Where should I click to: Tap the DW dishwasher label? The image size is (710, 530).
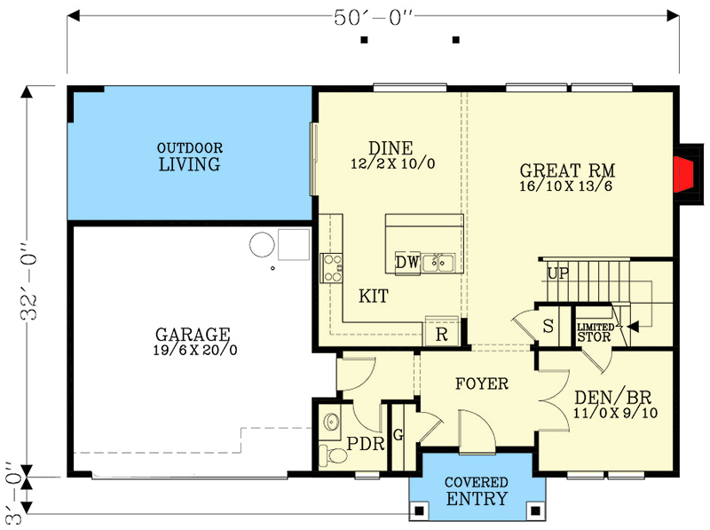pos(406,262)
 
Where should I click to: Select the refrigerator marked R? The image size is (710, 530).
pos(440,334)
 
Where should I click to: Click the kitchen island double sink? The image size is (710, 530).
pos(438,262)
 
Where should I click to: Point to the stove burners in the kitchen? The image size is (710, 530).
pos(331,267)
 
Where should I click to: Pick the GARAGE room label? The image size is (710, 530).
pos(193,335)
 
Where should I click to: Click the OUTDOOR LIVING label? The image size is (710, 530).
pos(189,157)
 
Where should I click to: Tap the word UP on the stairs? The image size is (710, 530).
pos(557,273)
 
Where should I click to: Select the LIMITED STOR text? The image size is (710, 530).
pos(596,331)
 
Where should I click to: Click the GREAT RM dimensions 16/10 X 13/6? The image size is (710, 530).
pos(568,186)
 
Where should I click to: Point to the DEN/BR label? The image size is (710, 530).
pos(615,397)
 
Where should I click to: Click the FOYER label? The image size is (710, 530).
pos(482,384)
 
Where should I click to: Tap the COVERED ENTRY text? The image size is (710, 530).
pos(476,491)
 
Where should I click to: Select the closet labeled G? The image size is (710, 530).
pos(397,434)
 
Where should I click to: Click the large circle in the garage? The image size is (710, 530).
pos(262,244)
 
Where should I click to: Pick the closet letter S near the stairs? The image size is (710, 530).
pos(548,326)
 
